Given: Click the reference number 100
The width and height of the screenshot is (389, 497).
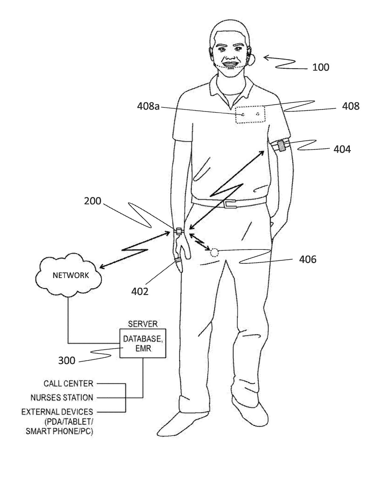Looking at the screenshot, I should tap(321, 67).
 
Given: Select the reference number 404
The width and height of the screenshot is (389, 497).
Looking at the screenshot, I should tap(342, 149).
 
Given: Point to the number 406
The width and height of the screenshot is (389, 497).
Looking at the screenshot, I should tap(307, 259).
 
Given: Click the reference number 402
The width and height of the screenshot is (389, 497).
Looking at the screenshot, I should tap(140, 292).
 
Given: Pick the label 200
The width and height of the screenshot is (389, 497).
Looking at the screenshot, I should tap(93, 201).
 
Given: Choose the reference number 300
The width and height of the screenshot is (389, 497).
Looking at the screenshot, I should tap(67, 360).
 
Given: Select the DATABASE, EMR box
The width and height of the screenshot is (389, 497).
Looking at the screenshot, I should tap(143, 343).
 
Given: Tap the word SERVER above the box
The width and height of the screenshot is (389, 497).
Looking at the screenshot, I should tap(143, 324).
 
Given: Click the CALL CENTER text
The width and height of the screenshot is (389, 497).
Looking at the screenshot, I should tap(68, 383).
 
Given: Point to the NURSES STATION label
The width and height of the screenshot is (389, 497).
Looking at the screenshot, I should tap(62, 397).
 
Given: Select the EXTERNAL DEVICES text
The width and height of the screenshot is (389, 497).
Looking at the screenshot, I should tap(57, 412).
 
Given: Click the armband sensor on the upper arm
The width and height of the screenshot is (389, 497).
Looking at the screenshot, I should tap(281, 146).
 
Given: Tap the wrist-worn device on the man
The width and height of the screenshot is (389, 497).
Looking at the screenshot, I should tap(179, 232).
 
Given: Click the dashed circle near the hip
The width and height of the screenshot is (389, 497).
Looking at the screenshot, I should tap(214, 252).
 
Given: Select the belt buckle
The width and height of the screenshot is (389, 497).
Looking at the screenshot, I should tap(230, 203).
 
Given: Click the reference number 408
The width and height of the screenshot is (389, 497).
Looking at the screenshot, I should tap(350, 106).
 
